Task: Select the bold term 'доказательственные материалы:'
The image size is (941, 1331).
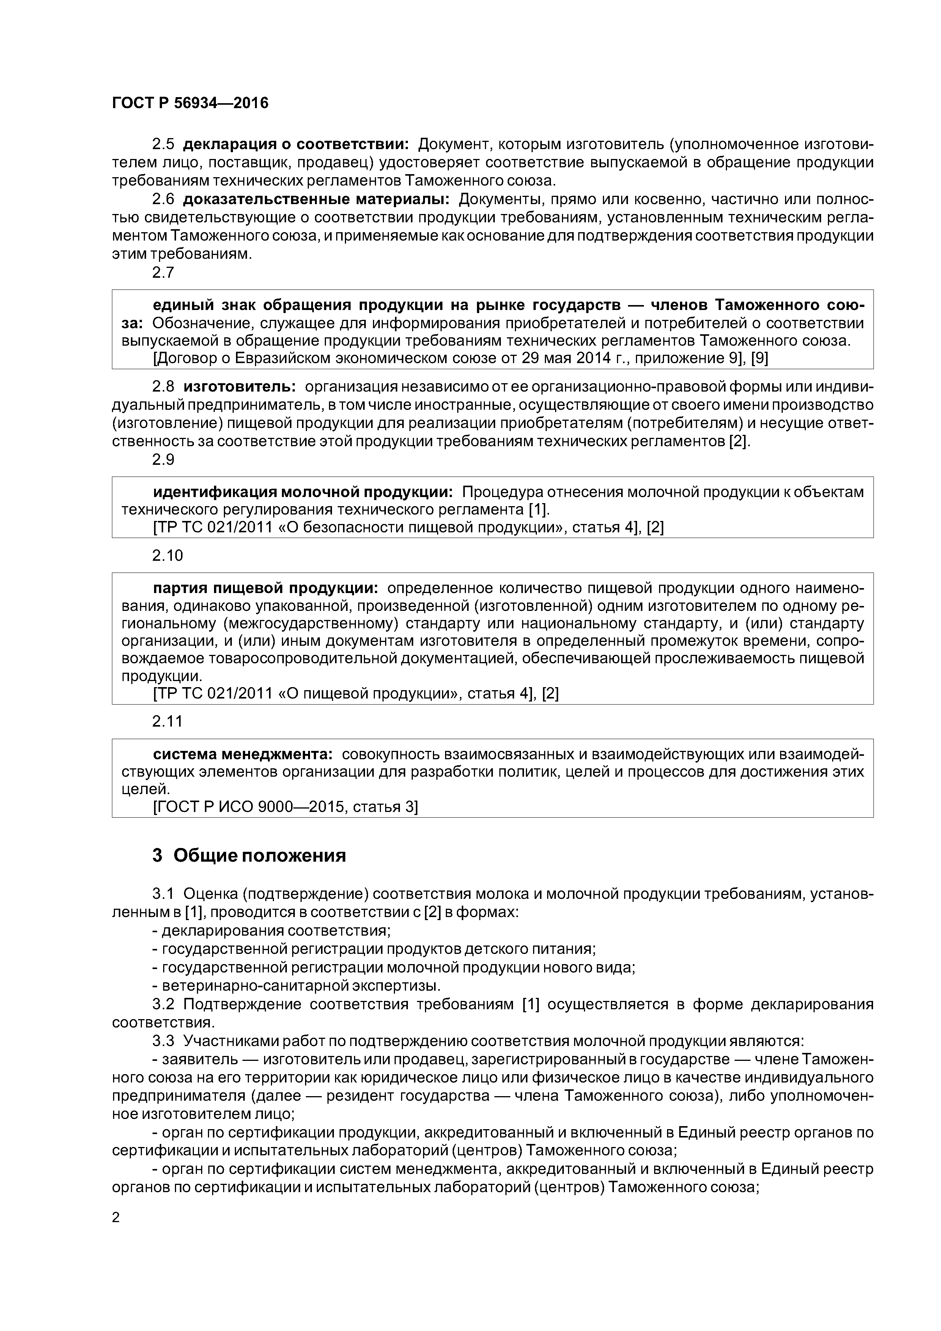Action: pyautogui.click(x=316, y=200)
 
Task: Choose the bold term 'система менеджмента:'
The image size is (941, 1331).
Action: pyautogui.click(x=242, y=754)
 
